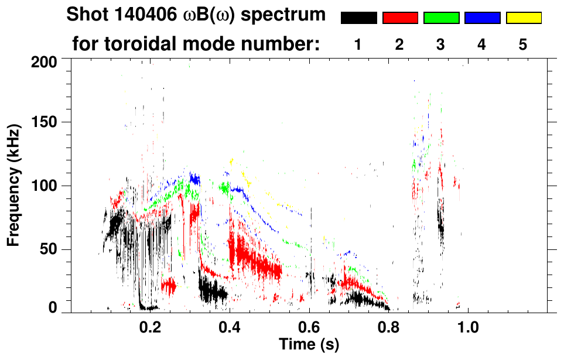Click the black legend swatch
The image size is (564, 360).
coord(359,18)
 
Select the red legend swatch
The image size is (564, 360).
coord(400,18)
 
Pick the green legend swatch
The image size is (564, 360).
coord(441,18)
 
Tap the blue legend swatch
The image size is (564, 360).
coord(482,18)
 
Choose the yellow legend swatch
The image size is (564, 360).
coord(523,18)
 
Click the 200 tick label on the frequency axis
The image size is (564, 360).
coord(45,61)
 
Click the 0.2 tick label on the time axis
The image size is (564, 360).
coord(150,326)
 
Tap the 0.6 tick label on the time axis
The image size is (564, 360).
coord(309,326)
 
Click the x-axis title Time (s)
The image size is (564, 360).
coord(309,344)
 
